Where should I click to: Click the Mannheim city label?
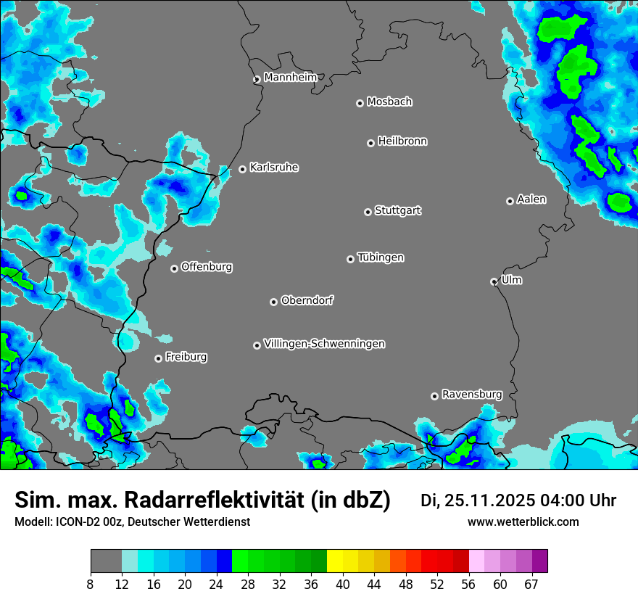(x=290, y=77)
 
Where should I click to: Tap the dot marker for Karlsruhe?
(x=242, y=169)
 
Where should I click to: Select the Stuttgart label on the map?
(x=397, y=210)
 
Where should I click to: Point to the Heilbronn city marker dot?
(x=370, y=143)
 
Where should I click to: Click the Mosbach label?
(x=389, y=102)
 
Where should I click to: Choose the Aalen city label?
(x=531, y=199)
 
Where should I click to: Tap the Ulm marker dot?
(x=494, y=281)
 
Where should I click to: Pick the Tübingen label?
(x=381, y=257)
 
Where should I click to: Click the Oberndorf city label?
(x=307, y=300)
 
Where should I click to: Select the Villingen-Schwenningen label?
(x=324, y=344)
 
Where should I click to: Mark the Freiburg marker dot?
(x=158, y=358)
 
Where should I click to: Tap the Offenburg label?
(x=207, y=267)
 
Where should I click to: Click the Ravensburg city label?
(x=472, y=395)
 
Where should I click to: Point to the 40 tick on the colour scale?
(x=342, y=584)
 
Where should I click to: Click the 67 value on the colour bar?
(x=531, y=584)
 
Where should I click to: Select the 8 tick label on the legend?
(x=91, y=584)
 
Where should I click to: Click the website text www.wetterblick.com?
(x=523, y=522)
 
